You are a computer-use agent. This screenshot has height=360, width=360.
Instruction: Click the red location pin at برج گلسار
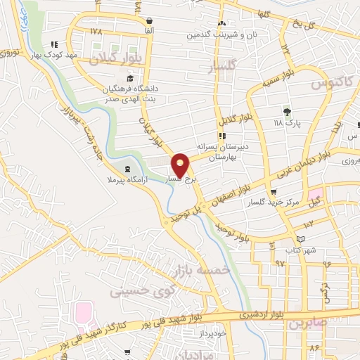point(181,164)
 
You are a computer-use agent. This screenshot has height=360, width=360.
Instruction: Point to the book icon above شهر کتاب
point(301,240)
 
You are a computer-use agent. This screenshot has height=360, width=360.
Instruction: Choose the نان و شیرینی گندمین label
point(222,34)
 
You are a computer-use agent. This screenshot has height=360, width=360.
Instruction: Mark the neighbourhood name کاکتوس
point(331,84)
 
